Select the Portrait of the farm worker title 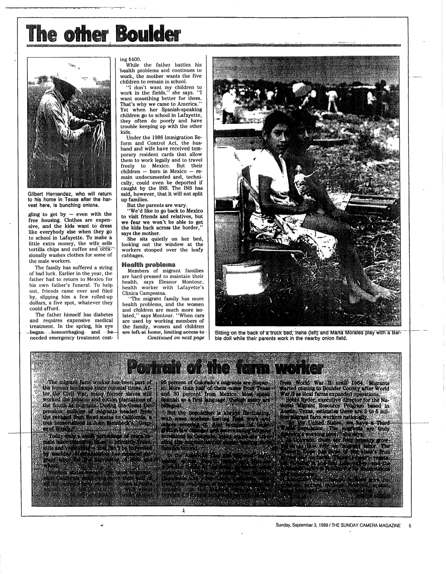pyautogui.click(x=224, y=369)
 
